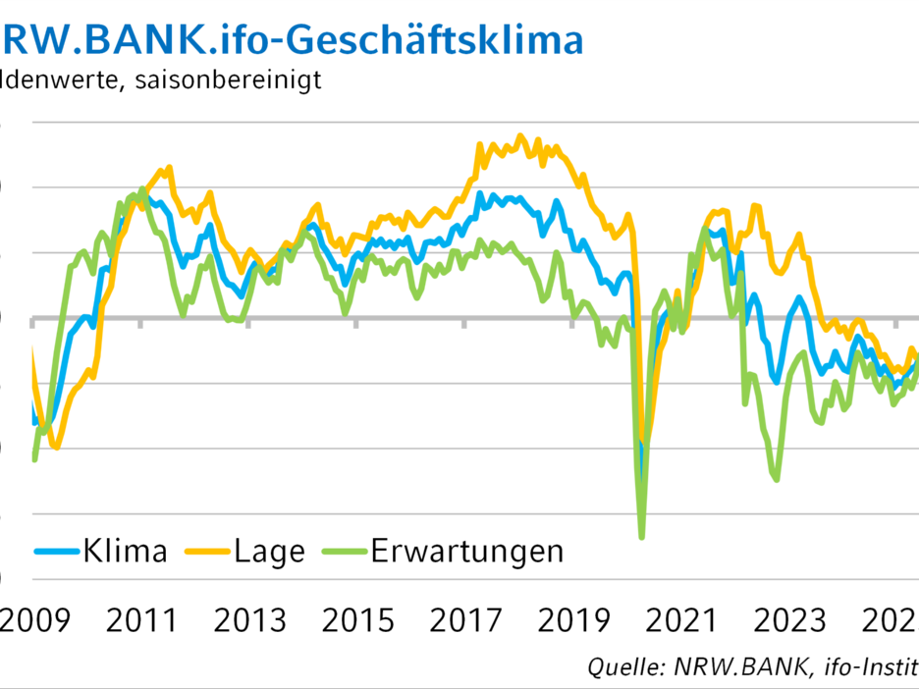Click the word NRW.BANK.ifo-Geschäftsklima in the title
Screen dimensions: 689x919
click(293, 39)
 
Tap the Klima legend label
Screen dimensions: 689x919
click(124, 551)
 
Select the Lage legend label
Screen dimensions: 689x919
click(269, 551)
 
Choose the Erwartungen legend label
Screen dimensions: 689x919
click(467, 551)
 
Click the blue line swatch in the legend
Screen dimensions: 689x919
click(57, 552)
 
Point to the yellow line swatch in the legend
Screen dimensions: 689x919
click(208, 552)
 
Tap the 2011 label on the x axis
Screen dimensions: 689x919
click(141, 620)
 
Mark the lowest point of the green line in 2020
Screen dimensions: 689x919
click(642, 537)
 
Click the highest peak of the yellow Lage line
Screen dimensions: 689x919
click(520, 136)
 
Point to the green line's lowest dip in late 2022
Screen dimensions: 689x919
click(777, 480)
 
